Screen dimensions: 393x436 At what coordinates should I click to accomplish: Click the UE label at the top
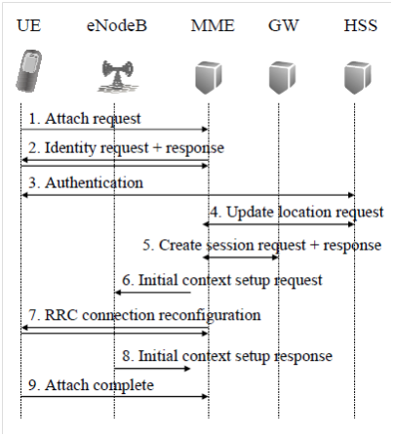(29, 25)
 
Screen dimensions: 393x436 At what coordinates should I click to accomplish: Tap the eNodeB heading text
(117, 25)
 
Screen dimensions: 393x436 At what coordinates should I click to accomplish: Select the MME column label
(213, 25)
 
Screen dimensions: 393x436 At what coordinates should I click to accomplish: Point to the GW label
(283, 25)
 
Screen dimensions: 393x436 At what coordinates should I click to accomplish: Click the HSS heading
(361, 25)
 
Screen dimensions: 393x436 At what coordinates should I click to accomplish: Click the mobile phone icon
(29, 71)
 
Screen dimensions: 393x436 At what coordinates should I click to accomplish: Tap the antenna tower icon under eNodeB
(117, 77)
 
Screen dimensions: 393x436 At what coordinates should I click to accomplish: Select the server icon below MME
(209, 78)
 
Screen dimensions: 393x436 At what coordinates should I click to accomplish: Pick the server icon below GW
(282, 78)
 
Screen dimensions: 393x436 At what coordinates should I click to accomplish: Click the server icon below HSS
(358, 78)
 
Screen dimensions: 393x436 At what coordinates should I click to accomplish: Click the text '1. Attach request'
(85, 119)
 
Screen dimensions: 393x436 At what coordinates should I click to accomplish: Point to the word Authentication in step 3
(94, 182)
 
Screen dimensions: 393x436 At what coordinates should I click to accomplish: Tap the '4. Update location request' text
(296, 213)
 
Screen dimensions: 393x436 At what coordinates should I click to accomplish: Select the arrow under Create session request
(241, 258)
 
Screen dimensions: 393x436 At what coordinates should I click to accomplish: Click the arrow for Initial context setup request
(153, 293)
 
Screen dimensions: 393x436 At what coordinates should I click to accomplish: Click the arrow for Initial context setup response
(152, 369)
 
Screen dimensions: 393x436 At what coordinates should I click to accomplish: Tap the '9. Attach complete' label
(91, 385)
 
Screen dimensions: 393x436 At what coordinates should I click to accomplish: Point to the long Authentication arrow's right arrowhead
(352, 195)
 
